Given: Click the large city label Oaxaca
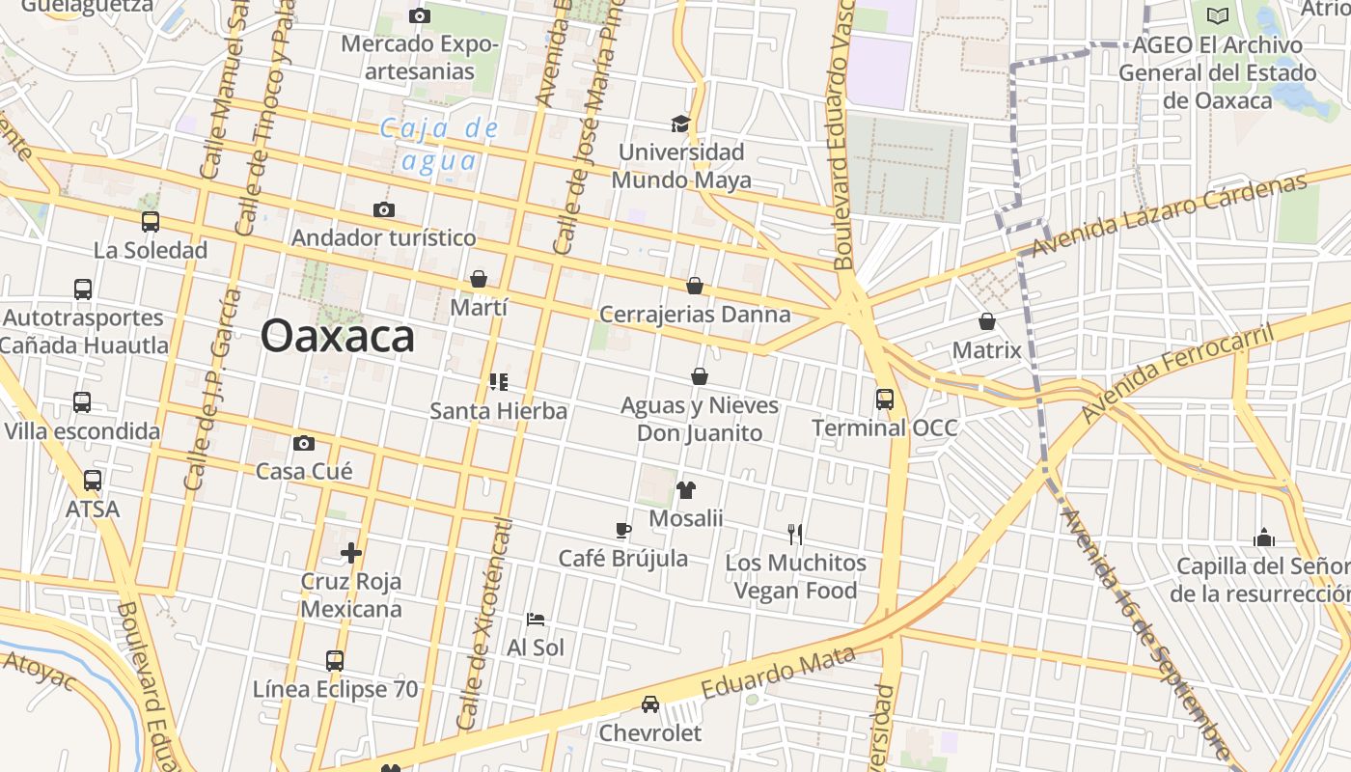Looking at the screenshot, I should click(x=338, y=336).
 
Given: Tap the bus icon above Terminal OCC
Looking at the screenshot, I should click(x=885, y=399).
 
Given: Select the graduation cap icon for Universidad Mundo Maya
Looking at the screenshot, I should click(x=681, y=124).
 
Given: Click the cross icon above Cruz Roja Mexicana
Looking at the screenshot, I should click(x=351, y=553).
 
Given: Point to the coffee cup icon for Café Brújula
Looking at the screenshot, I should click(x=623, y=530).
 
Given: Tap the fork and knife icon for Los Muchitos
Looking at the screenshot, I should click(x=795, y=534).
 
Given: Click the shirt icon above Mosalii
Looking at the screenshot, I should click(x=686, y=490).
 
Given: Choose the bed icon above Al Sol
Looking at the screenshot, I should click(x=536, y=619).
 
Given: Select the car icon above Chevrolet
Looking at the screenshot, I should click(x=650, y=704).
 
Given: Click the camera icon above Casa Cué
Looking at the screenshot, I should click(x=304, y=444).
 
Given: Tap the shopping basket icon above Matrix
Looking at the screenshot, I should click(x=987, y=321).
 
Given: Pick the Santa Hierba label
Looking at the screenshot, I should click(x=498, y=411).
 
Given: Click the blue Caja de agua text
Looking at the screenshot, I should click(x=439, y=144).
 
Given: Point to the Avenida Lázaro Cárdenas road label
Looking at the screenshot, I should click(x=1169, y=215).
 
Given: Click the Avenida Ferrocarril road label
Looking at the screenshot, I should click(x=1177, y=373).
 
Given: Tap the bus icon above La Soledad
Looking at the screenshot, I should click(x=151, y=222).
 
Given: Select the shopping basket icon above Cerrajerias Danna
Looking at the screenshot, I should click(x=695, y=287).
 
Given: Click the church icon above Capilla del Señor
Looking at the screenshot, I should click(x=1264, y=538).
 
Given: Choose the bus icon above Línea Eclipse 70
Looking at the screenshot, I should click(x=335, y=661).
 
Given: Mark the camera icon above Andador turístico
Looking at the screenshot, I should click(x=384, y=209).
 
